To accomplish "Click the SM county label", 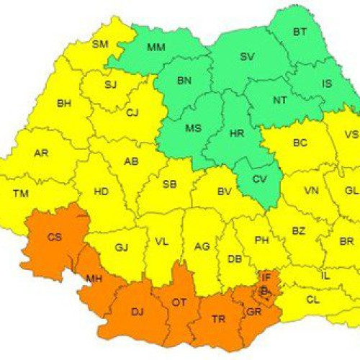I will [x=100, y=45].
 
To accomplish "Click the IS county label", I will [x=327, y=84].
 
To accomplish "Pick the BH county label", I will [x=64, y=105].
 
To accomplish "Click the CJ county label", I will [x=132, y=112].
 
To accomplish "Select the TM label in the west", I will [x=22, y=192].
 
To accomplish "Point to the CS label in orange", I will [x=55, y=236].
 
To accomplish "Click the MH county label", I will [x=95, y=278].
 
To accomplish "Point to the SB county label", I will [x=170, y=184].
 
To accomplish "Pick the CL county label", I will [x=312, y=299].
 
